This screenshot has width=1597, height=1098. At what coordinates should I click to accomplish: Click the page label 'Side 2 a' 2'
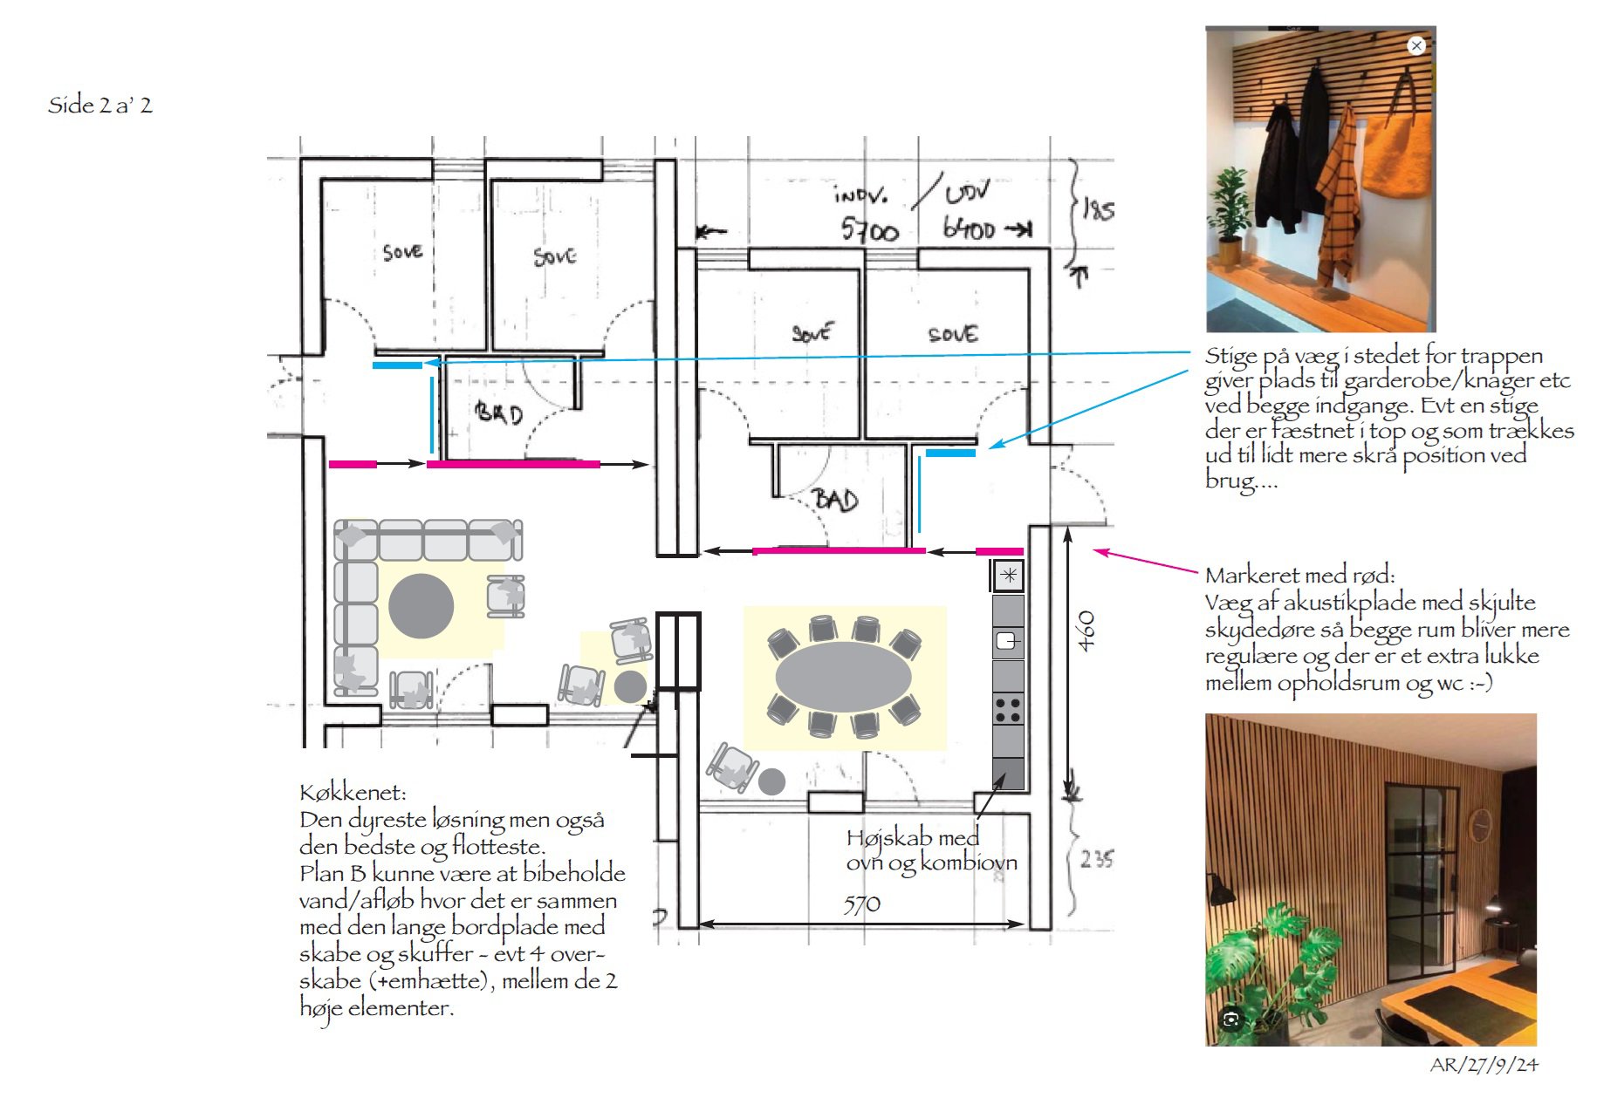click(x=99, y=106)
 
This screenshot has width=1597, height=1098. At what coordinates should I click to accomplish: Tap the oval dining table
click(x=842, y=677)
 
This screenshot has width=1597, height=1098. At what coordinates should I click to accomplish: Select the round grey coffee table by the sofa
click(x=421, y=606)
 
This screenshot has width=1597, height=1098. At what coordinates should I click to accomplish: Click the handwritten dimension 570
click(x=861, y=904)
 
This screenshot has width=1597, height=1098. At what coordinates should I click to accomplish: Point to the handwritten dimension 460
click(x=1086, y=631)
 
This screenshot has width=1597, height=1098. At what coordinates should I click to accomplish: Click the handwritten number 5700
click(x=869, y=230)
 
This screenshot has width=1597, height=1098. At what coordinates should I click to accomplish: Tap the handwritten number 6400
click(x=970, y=228)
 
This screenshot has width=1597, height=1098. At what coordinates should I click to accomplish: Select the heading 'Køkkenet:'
click(x=353, y=793)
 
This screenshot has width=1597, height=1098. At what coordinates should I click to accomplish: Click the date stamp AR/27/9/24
click(x=1484, y=1065)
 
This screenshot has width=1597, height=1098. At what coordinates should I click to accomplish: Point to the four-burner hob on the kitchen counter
click(x=1008, y=710)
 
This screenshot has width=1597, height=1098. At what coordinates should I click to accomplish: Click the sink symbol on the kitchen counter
click(x=1007, y=641)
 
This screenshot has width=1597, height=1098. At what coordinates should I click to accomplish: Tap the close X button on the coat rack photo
click(x=1416, y=45)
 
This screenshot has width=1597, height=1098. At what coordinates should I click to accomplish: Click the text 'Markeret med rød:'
click(x=1299, y=576)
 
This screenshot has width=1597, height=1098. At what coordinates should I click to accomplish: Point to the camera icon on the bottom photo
click(x=1231, y=1020)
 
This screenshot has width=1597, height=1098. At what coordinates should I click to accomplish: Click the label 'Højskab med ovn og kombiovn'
click(x=930, y=849)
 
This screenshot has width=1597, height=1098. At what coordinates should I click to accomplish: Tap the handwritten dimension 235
click(x=1096, y=859)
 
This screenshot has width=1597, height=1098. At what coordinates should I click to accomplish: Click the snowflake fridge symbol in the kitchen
click(x=1009, y=575)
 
